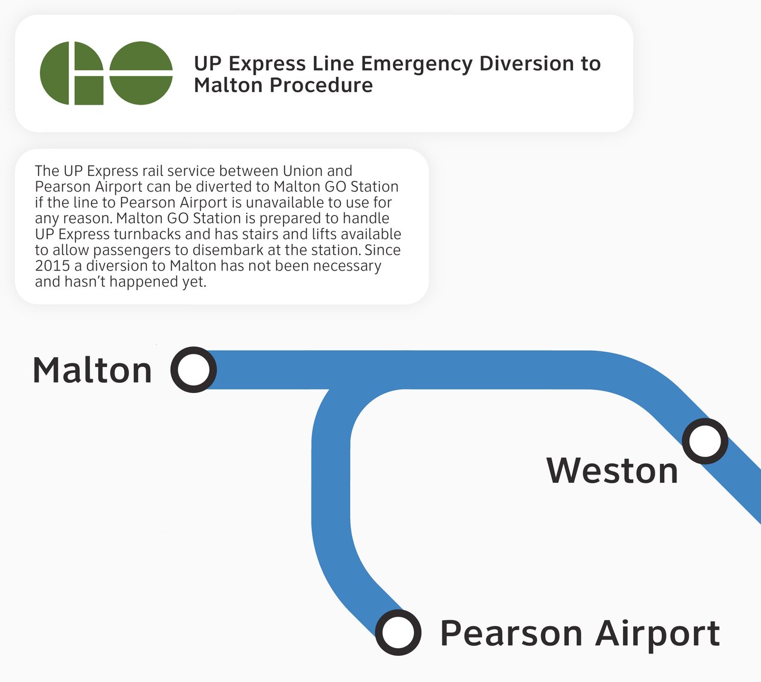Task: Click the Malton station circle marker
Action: [x=193, y=369]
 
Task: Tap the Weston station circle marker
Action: [x=705, y=441]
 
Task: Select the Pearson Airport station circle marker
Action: [x=398, y=632]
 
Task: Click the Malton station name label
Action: [x=93, y=370]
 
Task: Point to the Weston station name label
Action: [x=612, y=470]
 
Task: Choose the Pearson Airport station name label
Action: [x=580, y=634]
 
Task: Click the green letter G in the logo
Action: [x=72, y=73]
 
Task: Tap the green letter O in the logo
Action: [x=141, y=73]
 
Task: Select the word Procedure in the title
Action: [x=322, y=85]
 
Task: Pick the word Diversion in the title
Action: [x=529, y=63]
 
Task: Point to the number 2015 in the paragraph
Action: [x=52, y=266]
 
